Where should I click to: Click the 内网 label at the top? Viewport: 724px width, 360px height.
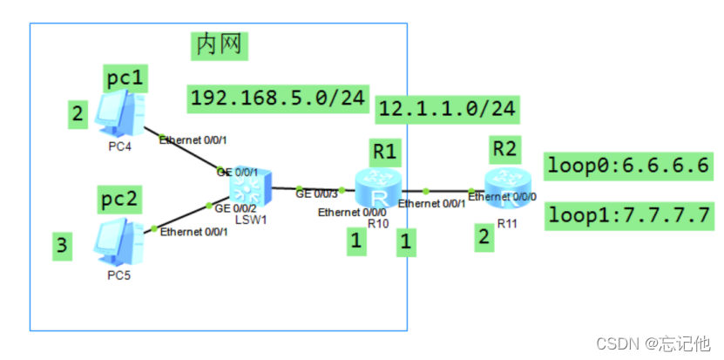click(x=220, y=44)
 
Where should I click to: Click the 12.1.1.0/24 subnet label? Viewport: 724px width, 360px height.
click(x=448, y=108)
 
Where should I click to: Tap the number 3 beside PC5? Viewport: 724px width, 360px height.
click(x=61, y=247)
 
